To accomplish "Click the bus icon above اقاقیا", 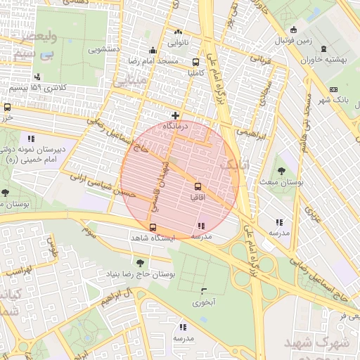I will pyautogui.click(x=198, y=186).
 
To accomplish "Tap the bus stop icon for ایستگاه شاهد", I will pyautogui.click(x=153, y=227).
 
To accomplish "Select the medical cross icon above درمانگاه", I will pyautogui.click(x=175, y=115).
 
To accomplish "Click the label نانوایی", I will pyautogui.click(x=176, y=43).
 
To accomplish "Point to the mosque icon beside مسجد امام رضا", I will pyautogui.click(x=153, y=50).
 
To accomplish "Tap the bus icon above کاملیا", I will pyautogui.click(x=196, y=61).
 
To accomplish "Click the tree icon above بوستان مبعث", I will pyautogui.click(x=281, y=170).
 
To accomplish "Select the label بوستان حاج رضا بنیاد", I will pyautogui.click(x=148, y=274).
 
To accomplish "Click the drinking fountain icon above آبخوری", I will pyautogui.click(x=204, y=291).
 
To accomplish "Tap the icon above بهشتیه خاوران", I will pyautogui.click(x=323, y=49).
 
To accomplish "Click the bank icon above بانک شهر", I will pyautogui.click(x=333, y=89).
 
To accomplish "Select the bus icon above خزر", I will pyautogui.click(x=7, y=108).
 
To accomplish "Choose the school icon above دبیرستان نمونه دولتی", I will pyautogui.click(x=31, y=138).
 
